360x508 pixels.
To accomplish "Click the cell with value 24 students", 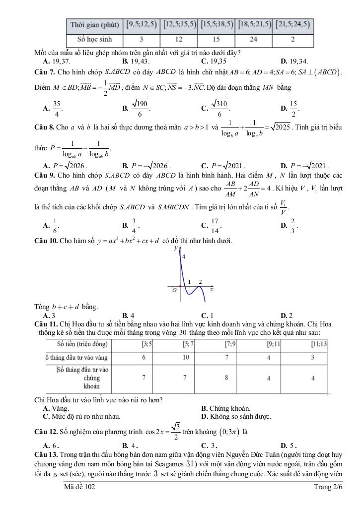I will click(254, 39).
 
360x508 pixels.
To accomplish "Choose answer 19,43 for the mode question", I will click(133, 62).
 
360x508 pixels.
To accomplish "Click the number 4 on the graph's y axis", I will click(184, 256).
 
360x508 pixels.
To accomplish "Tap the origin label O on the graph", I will click(174, 291).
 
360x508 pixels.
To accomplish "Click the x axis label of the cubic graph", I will click(212, 289).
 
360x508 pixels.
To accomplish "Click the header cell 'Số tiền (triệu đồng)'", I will click(83, 343).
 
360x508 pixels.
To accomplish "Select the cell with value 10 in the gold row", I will click(184, 357).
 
